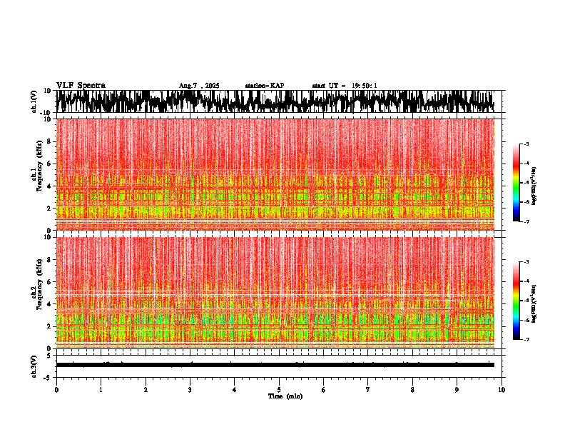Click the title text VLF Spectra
81,86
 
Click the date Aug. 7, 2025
199,86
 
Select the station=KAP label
265,86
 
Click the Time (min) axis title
285,396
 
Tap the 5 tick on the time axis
279,390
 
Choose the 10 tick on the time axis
502,390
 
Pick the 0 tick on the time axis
56,390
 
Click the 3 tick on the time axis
190,390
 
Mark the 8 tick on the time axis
412,390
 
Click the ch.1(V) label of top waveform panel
34,102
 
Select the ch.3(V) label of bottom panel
34,364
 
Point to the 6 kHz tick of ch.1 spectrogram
49,164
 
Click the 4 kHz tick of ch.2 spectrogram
49,303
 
